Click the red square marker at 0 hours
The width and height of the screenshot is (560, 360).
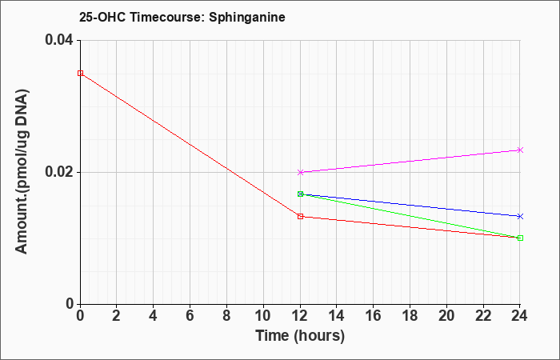tap(80, 74)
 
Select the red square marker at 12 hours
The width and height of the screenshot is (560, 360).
tap(300, 216)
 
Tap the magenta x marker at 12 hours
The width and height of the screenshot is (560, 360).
tap(300, 172)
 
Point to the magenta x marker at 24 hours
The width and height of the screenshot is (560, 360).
tap(520, 150)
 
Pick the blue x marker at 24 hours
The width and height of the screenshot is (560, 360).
tap(520, 216)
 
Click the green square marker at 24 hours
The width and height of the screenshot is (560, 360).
tap(520, 238)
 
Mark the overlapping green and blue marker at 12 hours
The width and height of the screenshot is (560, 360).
tap(300, 194)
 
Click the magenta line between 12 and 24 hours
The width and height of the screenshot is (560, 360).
tap(410, 161)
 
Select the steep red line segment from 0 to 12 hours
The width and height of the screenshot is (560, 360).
tap(190, 145)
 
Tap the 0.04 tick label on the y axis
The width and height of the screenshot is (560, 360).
tap(58, 40)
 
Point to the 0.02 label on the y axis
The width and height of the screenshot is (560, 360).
tap(58, 172)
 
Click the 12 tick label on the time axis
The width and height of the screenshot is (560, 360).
tap(300, 316)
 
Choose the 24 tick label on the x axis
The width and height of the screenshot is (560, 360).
tap(520, 316)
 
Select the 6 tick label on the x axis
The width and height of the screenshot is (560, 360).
tap(190, 316)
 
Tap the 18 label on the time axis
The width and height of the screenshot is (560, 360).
tap(410, 316)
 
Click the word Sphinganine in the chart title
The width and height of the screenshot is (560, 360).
tap(246, 17)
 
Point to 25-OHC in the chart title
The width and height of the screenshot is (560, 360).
tap(102, 17)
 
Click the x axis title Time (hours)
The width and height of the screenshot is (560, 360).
tap(300, 336)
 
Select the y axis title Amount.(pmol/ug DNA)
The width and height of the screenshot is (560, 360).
tap(22, 172)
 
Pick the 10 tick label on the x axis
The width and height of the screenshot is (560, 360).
tap(263, 316)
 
